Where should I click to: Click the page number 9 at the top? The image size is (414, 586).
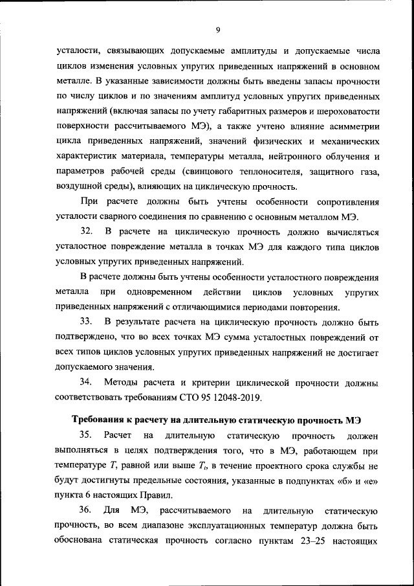(217, 29)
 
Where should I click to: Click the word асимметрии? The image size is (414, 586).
(349, 126)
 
